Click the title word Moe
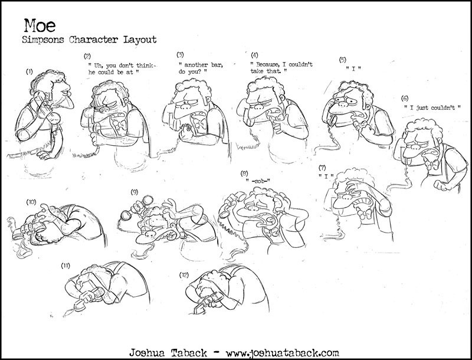point(40,25)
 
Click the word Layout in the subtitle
point(140,40)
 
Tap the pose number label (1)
point(29,71)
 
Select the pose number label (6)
point(405,99)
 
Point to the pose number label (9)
point(135,192)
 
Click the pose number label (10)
point(31,202)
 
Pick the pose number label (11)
point(65,266)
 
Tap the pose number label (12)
point(184,275)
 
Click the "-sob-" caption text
point(258,181)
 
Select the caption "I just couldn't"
point(432,107)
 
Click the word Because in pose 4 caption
point(267,64)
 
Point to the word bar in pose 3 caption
point(217,65)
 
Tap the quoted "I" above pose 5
point(353,68)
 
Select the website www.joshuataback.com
point(282,352)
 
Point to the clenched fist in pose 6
point(441,185)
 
